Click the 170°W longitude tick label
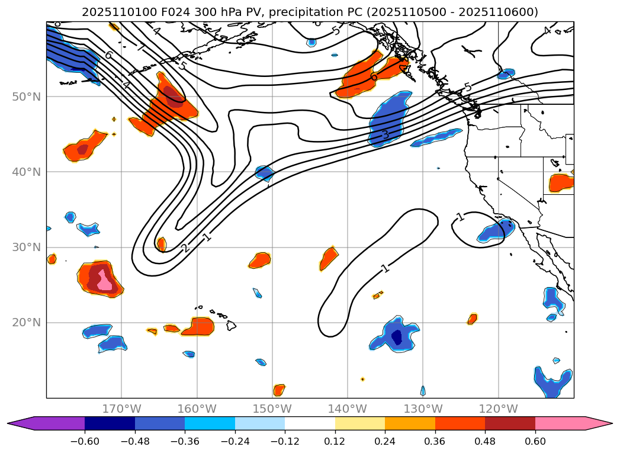[121, 409]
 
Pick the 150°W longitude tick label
[272, 409]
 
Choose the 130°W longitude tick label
[423, 409]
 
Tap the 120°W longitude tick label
[498, 409]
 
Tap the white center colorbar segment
[310, 423]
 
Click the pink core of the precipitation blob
[104, 279]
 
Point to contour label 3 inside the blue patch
[385, 135]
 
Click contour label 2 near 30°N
[185, 248]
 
